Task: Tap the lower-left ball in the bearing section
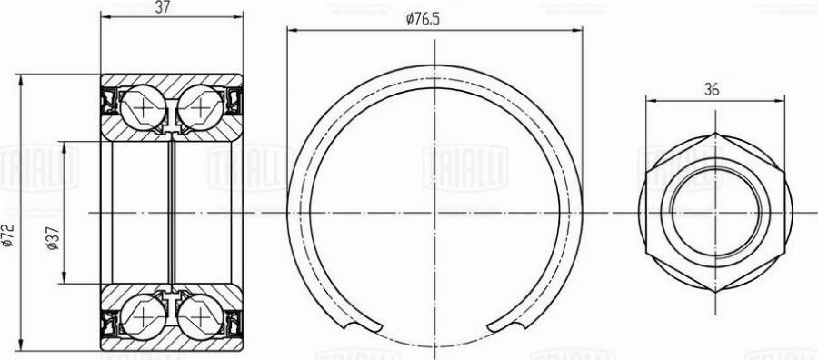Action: tap(143, 317)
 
